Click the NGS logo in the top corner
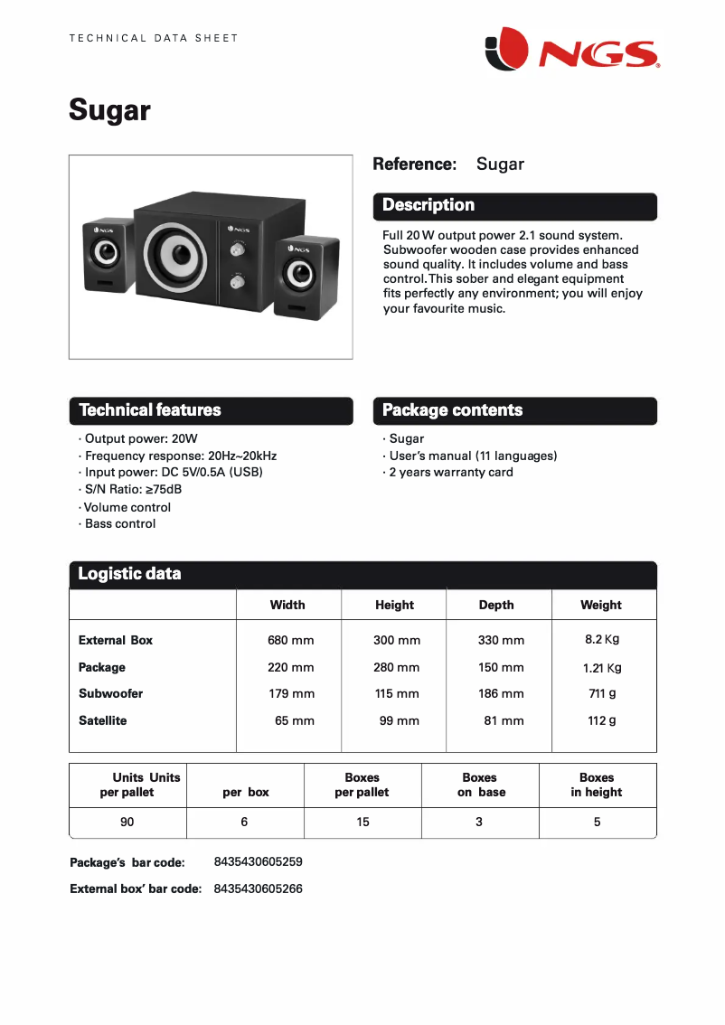pyautogui.click(x=571, y=49)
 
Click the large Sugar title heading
pyautogui.click(x=109, y=110)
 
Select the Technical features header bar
pyautogui.click(x=211, y=410)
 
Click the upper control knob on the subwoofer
pyautogui.click(x=239, y=249)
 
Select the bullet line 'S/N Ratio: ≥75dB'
pyautogui.click(x=133, y=489)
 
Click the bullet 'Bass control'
pyautogui.click(x=119, y=523)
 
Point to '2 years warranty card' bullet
pyautogui.click(x=450, y=472)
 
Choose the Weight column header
pyautogui.click(x=601, y=605)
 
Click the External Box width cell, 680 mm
pyautogui.click(x=290, y=640)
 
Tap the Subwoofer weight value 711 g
pyautogui.click(x=602, y=693)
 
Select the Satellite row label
pyautogui.click(x=103, y=720)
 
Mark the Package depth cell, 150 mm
pyautogui.click(x=501, y=667)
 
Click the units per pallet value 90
pyautogui.click(x=127, y=822)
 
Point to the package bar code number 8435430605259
pyautogui.click(x=258, y=861)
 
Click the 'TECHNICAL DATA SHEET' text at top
pyautogui.click(x=154, y=38)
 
